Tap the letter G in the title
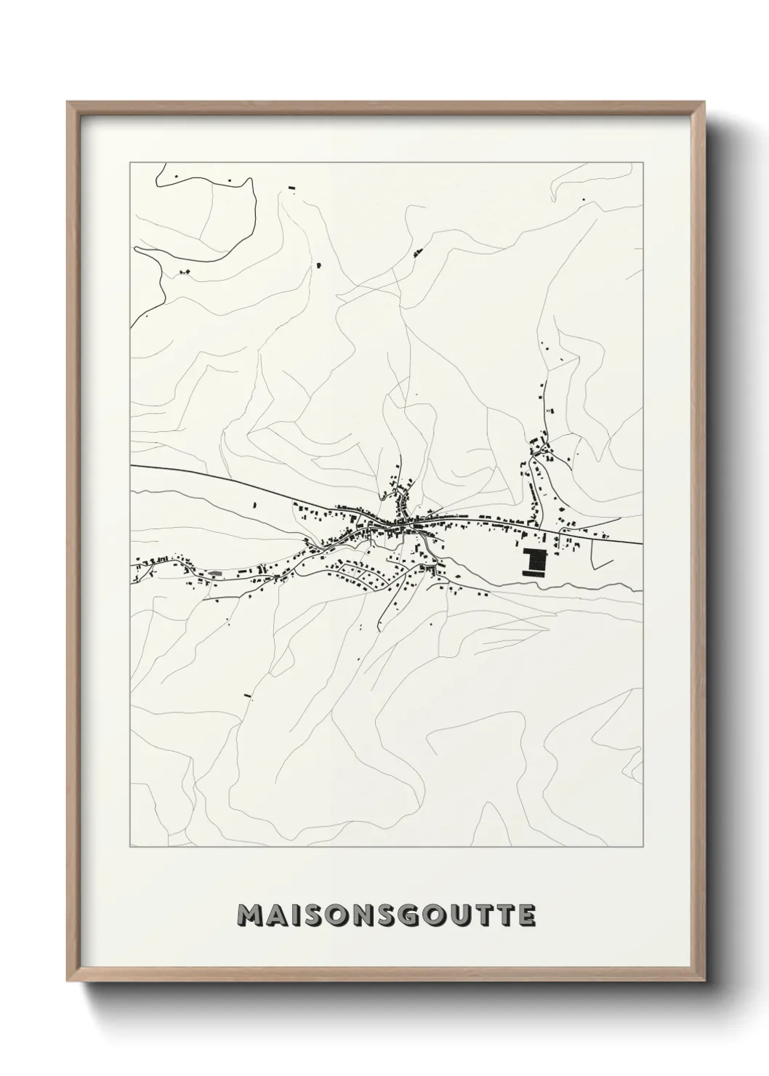[x=406, y=916]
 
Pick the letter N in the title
[x=360, y=916]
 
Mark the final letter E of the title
[x=526, y=916]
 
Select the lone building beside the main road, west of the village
[x=254, y=503]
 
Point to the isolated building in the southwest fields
[x=247, y=696]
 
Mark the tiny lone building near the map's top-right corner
[x=582, y=199]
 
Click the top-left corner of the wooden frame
[x=68, y=103]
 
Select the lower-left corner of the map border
[x=130, y=847]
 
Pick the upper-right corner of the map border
[x=643, y=163]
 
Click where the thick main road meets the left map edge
[x=131, y=465]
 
